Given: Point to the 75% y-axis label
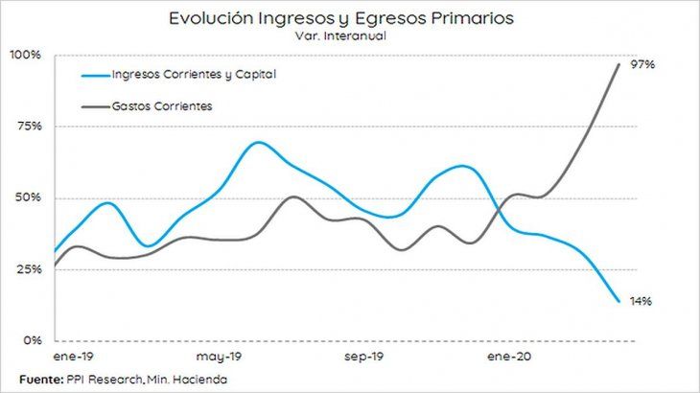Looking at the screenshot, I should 27,127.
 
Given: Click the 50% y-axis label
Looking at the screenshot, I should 27,198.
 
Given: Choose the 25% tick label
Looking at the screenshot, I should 27,269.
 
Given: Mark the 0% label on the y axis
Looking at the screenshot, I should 31,340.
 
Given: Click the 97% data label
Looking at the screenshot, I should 642,64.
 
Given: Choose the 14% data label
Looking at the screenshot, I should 642,302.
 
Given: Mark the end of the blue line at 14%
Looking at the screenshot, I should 618,301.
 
